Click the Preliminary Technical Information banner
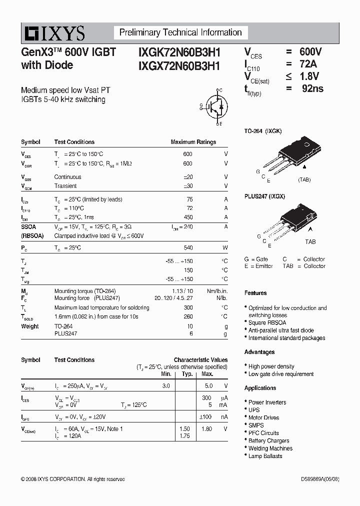180,33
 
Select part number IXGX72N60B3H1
179,65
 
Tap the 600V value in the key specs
310,52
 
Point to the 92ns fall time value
312,88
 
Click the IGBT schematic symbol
217,106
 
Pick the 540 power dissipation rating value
187,248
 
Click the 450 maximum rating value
187,217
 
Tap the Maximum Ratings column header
193,142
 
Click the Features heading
255,293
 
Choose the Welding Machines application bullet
270,448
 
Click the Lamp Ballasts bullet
265,456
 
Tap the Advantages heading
259,352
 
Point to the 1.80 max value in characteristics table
206,429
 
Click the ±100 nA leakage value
205,416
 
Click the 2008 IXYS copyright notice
73,479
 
